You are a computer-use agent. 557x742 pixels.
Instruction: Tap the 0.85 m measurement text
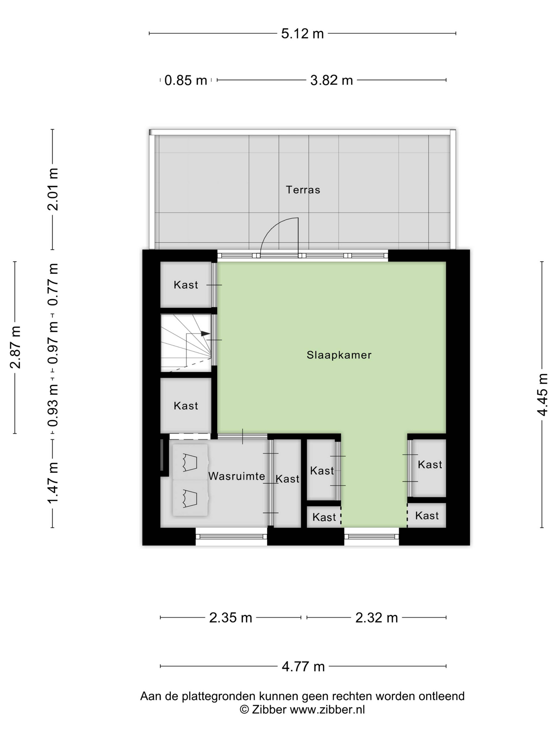[186, 81]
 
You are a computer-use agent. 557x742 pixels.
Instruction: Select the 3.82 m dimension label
[331, 81]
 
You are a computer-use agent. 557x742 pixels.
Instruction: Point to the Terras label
[303, 190]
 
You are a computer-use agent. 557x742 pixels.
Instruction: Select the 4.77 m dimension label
[303, 666]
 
